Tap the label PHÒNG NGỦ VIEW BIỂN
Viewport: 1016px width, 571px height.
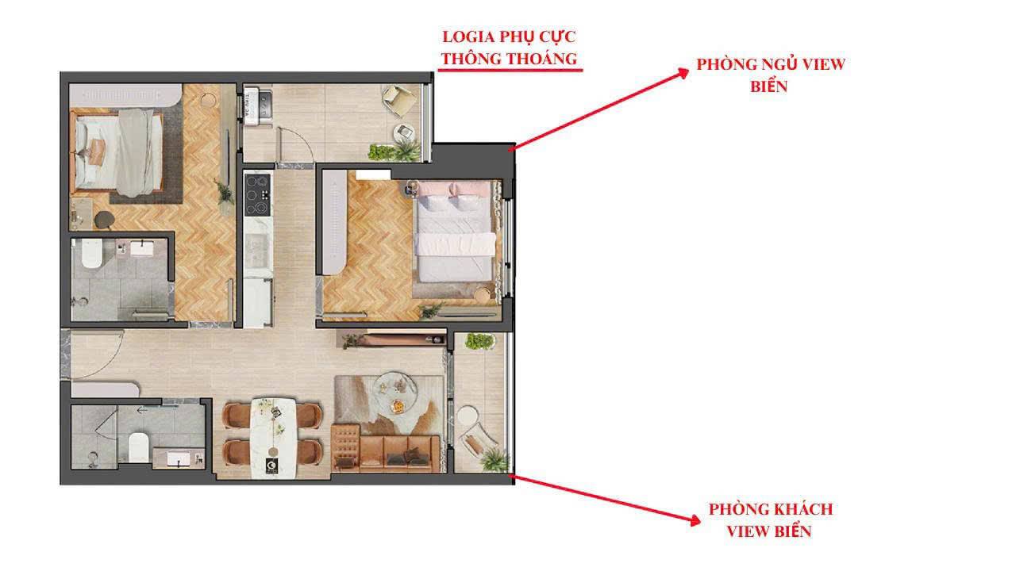770,75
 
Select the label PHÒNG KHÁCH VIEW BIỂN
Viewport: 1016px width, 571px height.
770,519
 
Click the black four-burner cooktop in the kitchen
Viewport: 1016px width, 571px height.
257,194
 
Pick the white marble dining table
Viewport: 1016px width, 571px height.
274,437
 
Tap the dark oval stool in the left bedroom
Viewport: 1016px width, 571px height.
104,220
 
